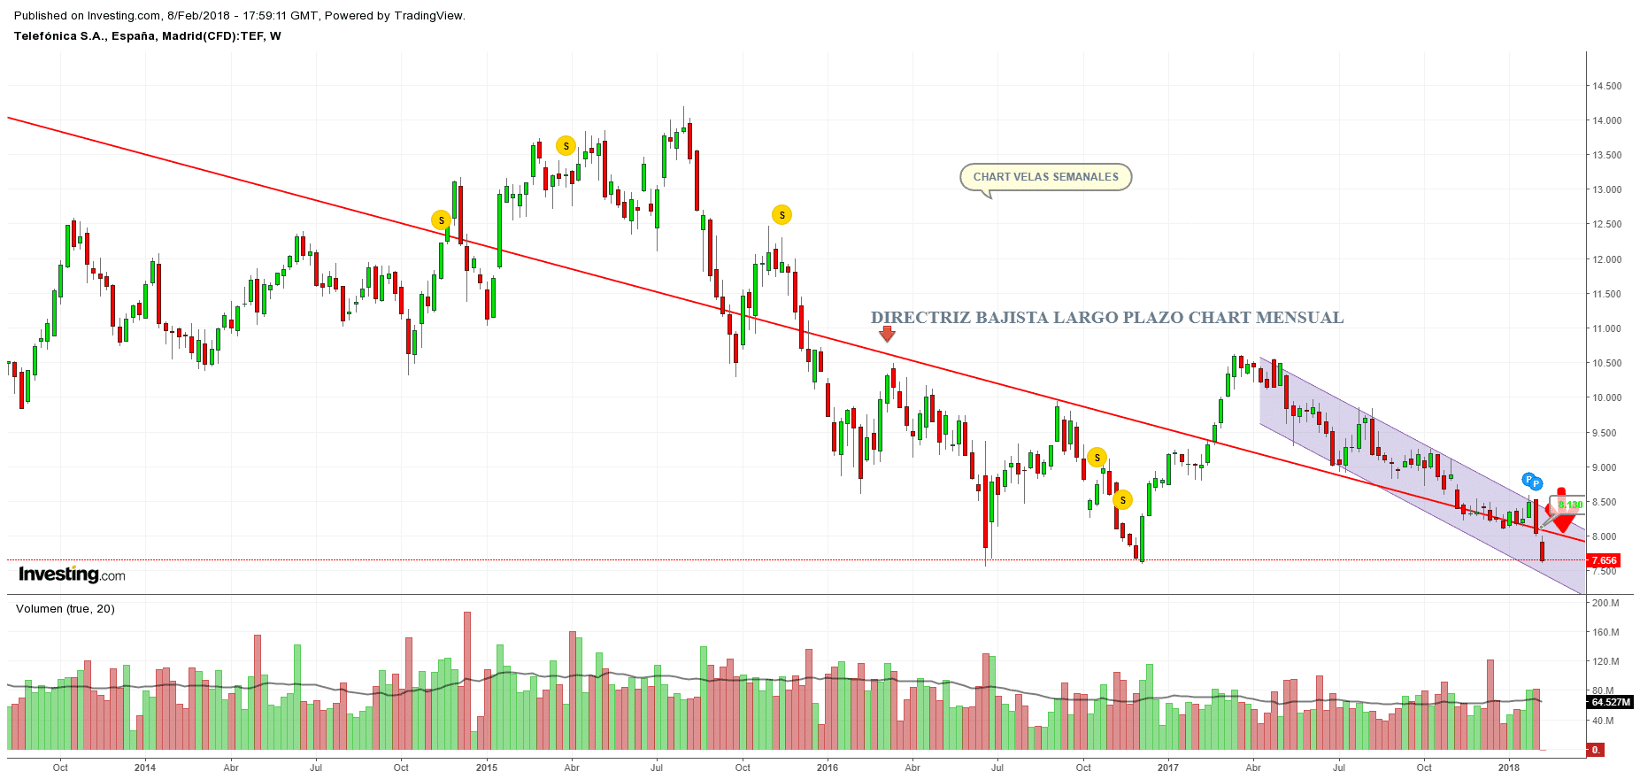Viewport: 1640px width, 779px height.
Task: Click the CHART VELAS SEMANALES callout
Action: [1045, 177]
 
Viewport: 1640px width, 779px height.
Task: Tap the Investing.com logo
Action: [72, 575]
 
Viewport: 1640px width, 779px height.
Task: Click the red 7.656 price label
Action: [1604, 560]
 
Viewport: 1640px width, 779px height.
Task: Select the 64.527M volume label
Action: [1610, 702]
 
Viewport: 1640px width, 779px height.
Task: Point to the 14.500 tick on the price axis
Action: [1607, 86]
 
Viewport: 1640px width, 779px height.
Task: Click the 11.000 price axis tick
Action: [1607, 328]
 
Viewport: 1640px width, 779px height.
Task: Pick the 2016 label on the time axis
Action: [827, 767]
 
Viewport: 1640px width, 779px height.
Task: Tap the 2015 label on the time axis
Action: [486, 767]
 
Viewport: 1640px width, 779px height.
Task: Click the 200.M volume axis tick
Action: [1605, 603]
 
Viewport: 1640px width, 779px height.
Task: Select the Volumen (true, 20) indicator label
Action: [65, 609]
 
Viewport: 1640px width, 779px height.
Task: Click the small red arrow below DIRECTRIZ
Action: [887, 334]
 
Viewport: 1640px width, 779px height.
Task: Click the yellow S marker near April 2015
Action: [566, 146]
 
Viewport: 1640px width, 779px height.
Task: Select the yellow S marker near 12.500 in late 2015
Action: [782, 215]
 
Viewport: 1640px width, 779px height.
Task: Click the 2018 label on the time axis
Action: [1509, 767]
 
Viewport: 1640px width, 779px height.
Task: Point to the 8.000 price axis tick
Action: [1605, 536]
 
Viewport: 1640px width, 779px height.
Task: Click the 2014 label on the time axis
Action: [145, 767]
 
